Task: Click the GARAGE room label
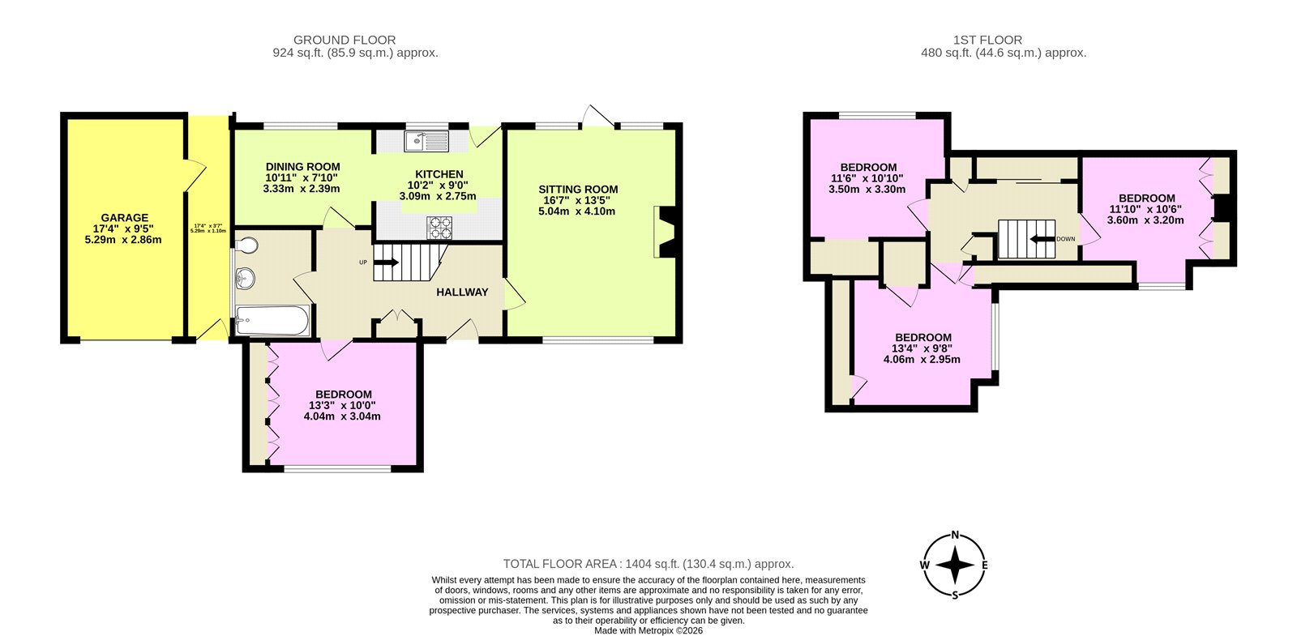pos(124,217)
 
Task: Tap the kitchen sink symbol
pos(426,141)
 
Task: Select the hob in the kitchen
pos(440,227)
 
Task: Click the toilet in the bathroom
pos(246,245)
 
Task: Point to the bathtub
pos(272,321)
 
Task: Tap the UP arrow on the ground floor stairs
pos(386,263)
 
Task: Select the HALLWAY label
pos(462,292)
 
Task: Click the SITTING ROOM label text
pos(578,190)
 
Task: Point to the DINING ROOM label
pos(302,167)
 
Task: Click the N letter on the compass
pos(955,535)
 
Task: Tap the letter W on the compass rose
pos(924,566)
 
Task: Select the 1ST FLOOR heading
pos(987,40)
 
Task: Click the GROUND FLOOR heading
pos(345,40)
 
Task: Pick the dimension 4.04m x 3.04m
pos(341,416)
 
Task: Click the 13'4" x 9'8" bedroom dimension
pos(922,348)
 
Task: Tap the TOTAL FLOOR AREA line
pos(648,564)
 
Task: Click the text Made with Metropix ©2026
pos(648,630)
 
